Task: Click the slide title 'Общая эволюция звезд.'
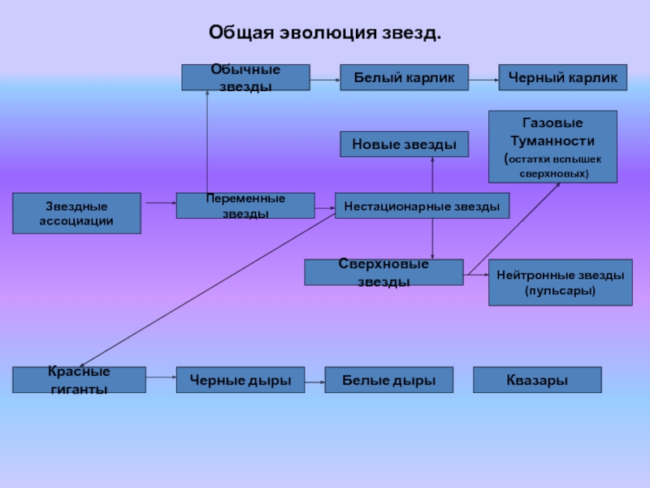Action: pyautogui.click(x=325, y=33)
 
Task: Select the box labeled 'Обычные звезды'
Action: pyautogui.click(x=245, y=77)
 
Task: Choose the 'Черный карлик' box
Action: pyautogui.click(x=562, y=77)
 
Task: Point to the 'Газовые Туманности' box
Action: pyautogui.click(x=552, y=146)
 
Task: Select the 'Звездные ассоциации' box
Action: pyautogui.click(x=76, y=213)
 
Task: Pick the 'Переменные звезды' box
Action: pyautogui.click(x=245, y=206)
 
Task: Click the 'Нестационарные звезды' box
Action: pyautogui.click(x=422, y=206)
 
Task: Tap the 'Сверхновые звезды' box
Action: pyautogui.click(x=383, y=272)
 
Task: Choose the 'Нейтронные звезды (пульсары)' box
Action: pyautogui.click(x=560, y=282)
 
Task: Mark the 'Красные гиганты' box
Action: pyautogui.click(x=79, y=380)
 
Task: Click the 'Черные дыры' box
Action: pyautogui.click(x=240, y=380)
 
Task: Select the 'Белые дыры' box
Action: pyautogui.click(x=388, y=380)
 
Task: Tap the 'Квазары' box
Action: pyautogui.click(x=537, y=380)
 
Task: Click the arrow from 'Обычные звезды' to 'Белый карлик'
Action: pyautogui.click(x=325, y=80)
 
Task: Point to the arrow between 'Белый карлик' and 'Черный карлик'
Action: pyautogui.click(x=483, y=80)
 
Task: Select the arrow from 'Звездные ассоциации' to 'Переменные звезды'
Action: pyautogui.click(x=158, y=203)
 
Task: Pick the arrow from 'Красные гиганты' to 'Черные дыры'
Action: pyautogui.click(x=161, y=377)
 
